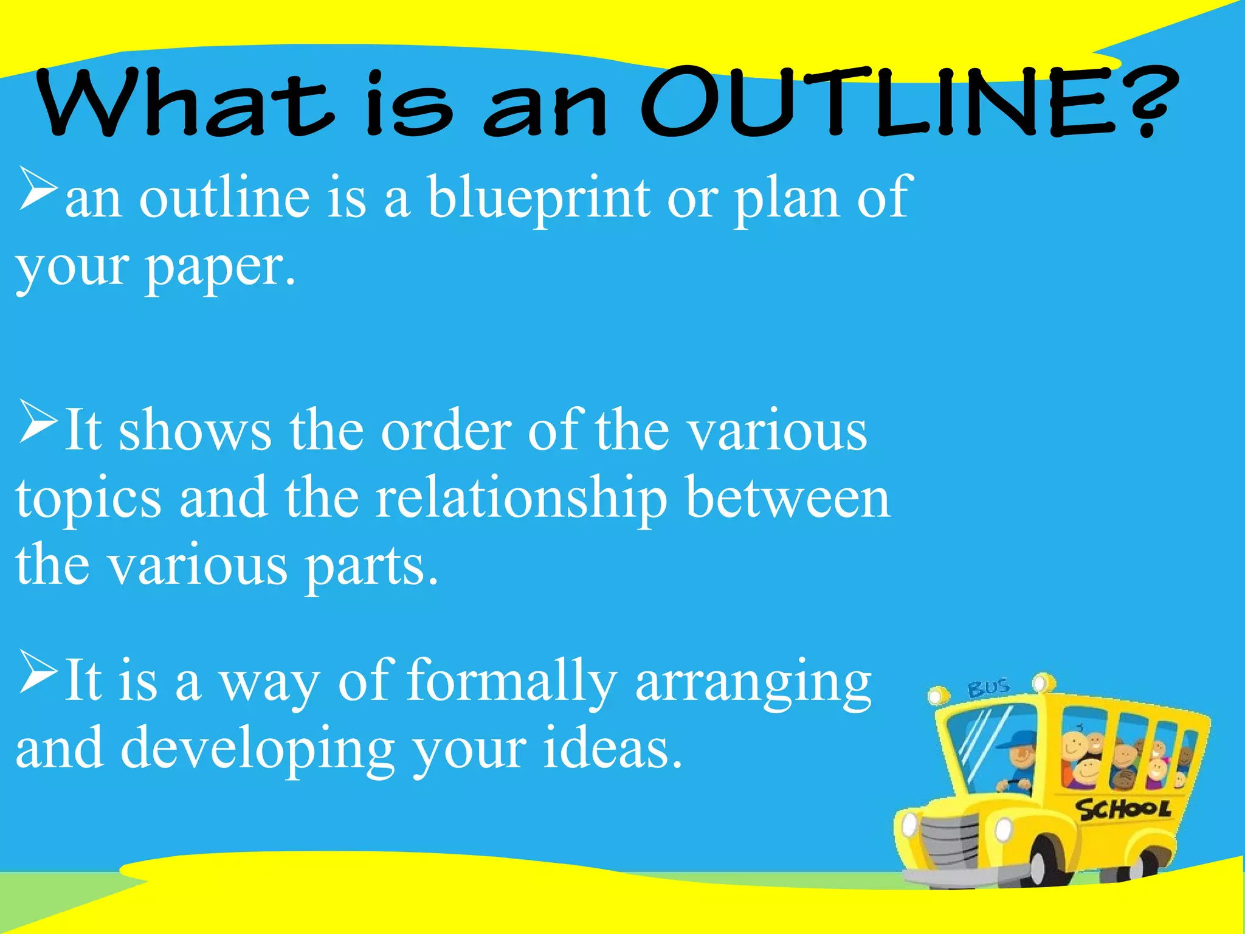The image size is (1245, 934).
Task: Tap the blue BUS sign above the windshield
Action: pos(988,688)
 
